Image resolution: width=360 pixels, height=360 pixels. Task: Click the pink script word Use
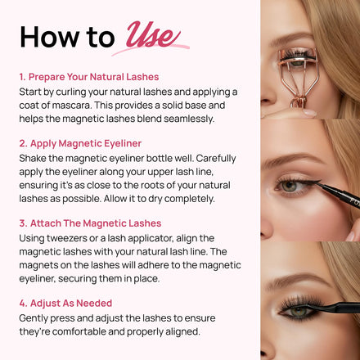click(x=153, y=35)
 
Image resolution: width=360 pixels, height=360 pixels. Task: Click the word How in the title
click(x=49, y=37)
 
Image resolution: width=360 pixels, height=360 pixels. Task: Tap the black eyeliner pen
click(x=338, y=195)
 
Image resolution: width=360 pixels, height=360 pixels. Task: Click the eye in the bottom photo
click(x=299, y=311)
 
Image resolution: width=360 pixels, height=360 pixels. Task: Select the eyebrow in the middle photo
click(x=292, y=160)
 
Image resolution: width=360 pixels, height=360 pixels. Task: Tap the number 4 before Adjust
click(x=22, y=304)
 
